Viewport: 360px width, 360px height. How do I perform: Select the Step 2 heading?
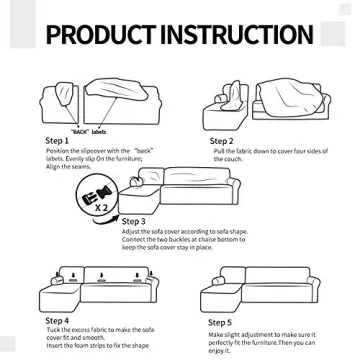pos(221,142)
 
